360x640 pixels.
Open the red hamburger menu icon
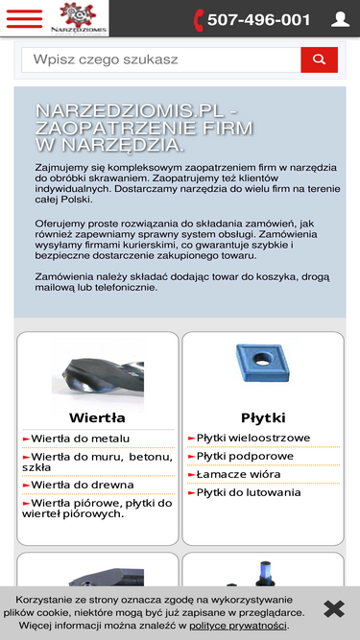tap(24, 18)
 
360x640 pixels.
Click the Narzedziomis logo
tap(83, 17)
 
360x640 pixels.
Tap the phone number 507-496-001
tap(252, 19)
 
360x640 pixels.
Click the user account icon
tap(340, 19)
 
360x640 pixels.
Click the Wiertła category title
tap(97, 417)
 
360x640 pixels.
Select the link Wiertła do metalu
tap(81, 439)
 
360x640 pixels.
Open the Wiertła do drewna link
tap(82, 485)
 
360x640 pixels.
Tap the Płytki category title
tap(263, 417)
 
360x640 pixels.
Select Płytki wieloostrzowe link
tap(253, 438)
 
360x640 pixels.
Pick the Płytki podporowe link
tap(245, 456)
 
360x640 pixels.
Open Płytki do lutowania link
tap(249, 492)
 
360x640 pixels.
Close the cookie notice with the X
tap(333, 608)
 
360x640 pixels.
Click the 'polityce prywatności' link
tap(237, 626)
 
